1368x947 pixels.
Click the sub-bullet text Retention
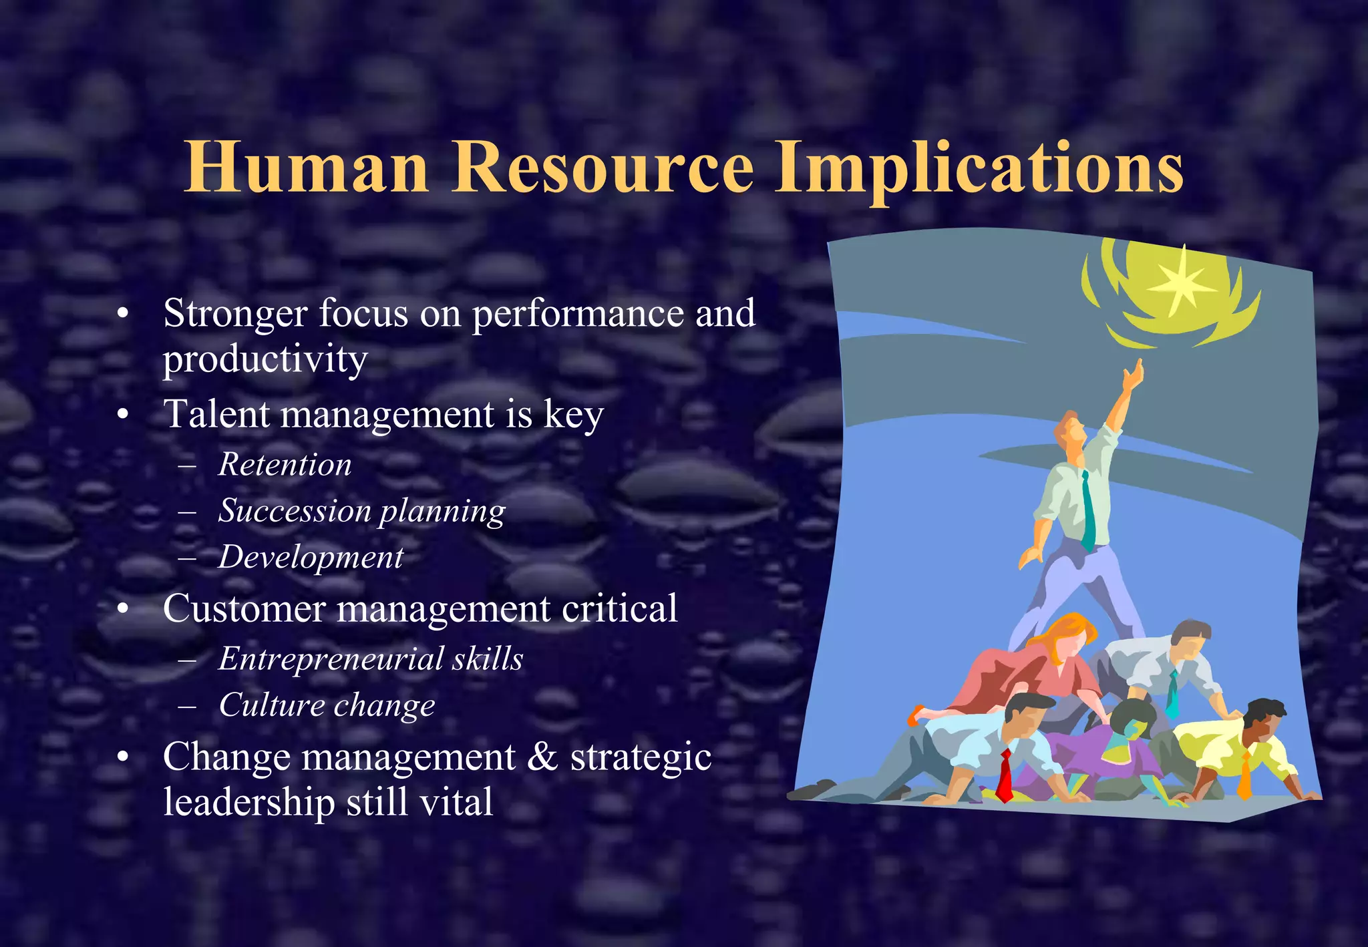click(x=285, y=464)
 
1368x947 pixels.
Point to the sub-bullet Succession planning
click(x=362, y=511)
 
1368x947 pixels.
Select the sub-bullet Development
click(x=311, y=557)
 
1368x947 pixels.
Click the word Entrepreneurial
click(x=330, y=659)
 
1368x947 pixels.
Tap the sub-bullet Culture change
click(x=327, y=705)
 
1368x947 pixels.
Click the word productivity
click(x=265, y=359)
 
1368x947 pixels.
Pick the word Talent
click(x=217, y=414)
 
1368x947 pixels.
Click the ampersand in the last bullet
click(x=542, y=757)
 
